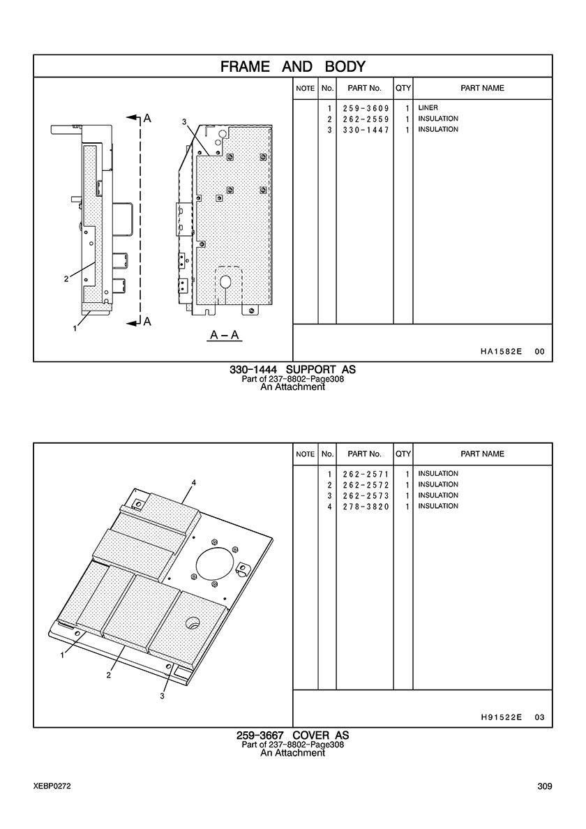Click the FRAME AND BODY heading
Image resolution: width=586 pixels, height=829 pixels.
tap(293, 66)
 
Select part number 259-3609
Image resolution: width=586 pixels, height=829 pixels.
tap(366, 108)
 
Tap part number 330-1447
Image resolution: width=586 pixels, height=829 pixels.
tap(366, 130)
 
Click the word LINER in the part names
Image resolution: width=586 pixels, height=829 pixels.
tap(428, 108)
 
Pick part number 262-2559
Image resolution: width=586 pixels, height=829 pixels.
tap(366, 119)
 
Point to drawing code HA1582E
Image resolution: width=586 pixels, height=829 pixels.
tap(501, 352)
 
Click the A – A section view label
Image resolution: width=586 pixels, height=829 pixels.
tap(225, 335)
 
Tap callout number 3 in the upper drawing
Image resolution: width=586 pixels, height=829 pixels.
tap(184, 122)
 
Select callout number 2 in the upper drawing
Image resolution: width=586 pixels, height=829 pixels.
tap(66, 279)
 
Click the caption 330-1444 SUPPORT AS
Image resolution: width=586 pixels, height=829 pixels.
tap(293, 370)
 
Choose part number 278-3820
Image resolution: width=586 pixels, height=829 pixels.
tap(366, 507)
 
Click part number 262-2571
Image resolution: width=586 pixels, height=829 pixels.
tap(366, 474)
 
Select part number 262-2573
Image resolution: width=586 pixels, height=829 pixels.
tap(366, 496)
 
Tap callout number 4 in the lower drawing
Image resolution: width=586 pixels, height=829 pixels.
tap(194, 483)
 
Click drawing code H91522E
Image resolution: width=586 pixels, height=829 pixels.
tap(501, 717)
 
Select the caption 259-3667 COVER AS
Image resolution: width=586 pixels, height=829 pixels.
tap(293, 735)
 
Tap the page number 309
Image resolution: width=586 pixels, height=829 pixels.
tap(545, 786)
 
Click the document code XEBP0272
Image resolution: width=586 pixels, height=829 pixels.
tap(52, 786)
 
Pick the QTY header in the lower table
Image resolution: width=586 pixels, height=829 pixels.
tap(403, 454)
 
